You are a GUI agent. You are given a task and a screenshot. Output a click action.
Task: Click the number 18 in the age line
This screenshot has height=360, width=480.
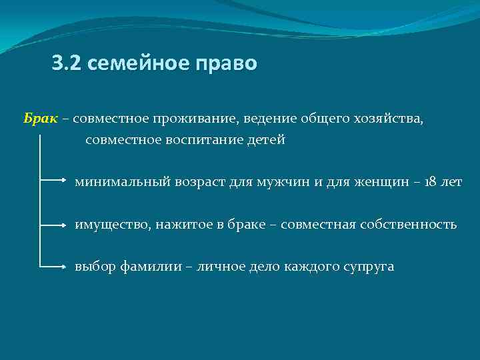(x=430, y=182)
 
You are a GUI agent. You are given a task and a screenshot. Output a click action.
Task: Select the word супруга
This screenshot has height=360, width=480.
(x=369, y=267)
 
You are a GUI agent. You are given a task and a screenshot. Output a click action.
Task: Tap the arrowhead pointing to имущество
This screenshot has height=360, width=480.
(x=64, y=223)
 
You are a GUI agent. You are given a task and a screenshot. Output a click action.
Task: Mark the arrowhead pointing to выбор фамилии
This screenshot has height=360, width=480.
(x=64, y=265)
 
